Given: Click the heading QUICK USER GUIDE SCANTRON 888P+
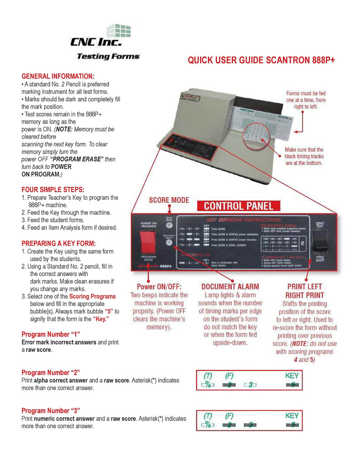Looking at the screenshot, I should point(261,61).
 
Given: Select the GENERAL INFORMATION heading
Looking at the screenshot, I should point(58,76).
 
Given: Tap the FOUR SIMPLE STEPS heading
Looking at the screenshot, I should point(53,189).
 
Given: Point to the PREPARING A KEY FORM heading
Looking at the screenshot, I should point(59,243).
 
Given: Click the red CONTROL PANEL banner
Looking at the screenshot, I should point(238,206).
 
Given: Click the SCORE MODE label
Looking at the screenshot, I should point(169,200).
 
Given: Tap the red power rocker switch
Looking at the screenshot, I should point(147,241).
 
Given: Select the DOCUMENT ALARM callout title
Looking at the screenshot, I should point(230,287).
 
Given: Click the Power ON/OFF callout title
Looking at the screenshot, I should point(159,287).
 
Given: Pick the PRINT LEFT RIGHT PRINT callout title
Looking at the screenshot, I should point(305,291).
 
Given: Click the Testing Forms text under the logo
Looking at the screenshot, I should point(108,56).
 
